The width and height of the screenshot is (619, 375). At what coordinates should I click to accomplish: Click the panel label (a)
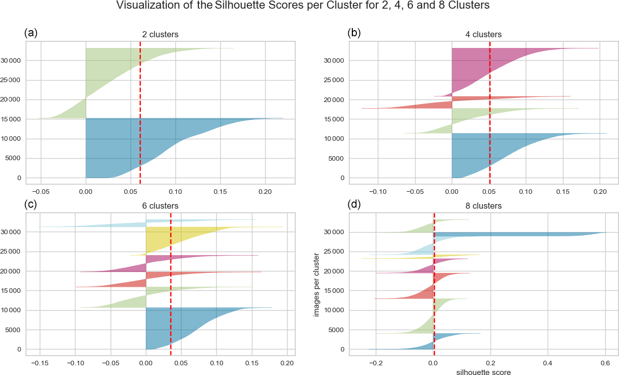click(x=31, y=33)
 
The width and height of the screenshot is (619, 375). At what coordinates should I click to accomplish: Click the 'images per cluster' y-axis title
click(x=317, y=283)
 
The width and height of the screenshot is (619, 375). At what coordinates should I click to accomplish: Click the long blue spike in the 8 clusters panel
click(x=510, y=235)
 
